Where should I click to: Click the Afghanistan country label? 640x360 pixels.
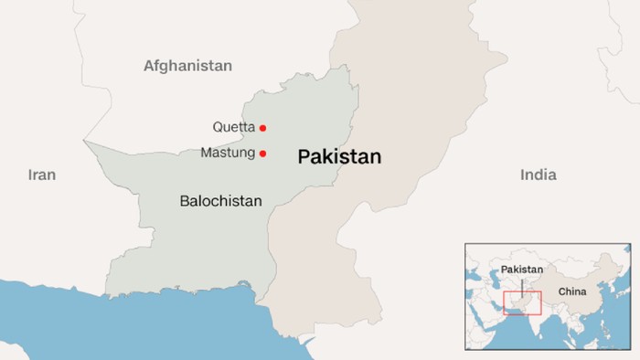[x=187, y=66]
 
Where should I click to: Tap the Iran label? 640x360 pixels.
[x=42, y=175]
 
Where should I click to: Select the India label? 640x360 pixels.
[x=538, y=175]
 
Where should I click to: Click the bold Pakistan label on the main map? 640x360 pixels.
[x=339, y=157]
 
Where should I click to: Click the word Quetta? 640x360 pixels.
[x=234, y=128]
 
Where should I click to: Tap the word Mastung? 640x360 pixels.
[x=228, y=154]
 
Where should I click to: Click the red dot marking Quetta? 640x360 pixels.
[x=263, y=128]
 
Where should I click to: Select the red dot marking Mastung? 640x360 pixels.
[x=263, y=154]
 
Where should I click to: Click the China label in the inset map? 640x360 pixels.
[x=571, y=292]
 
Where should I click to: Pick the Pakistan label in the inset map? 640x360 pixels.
[x=521, y=270]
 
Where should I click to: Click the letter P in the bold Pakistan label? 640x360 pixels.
[x=304, y=157]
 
